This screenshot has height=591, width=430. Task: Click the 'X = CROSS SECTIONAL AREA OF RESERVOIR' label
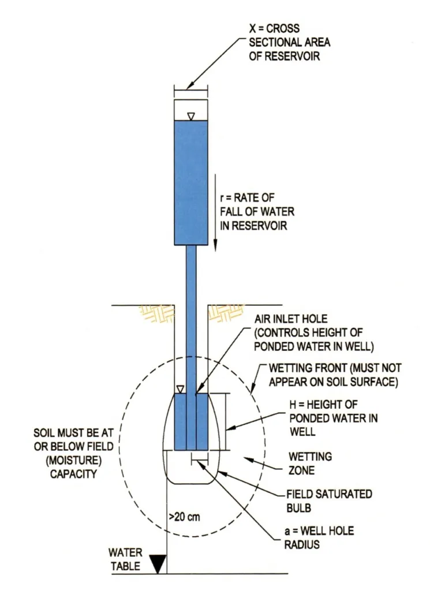[x=289, y=42]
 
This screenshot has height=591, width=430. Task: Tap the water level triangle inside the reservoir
[x=191, y=117]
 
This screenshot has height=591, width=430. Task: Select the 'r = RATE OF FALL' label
[x=257, y=211]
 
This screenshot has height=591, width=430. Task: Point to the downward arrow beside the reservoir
[x=215, y=212]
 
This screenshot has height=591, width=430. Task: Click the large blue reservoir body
[x=191, y=183]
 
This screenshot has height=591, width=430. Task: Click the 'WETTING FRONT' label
[x=335, y=375]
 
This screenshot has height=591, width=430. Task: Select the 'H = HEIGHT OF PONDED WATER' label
[x=334, y=418]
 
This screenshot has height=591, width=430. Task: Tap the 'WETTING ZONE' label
[x=310, y=463]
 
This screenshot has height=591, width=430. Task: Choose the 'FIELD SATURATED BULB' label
[x=329, y=501]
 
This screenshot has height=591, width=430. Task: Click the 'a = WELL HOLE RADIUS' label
[x=319, y=537]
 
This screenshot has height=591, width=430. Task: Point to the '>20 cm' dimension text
[x=184, y=517]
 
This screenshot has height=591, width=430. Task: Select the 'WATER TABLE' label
[x=125, y=559]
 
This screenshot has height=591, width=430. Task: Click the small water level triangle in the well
[x=181, y=389]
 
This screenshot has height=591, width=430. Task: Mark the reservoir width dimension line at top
[x=191, y=89]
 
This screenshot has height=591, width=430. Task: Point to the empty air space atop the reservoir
[x=191, y=109]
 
